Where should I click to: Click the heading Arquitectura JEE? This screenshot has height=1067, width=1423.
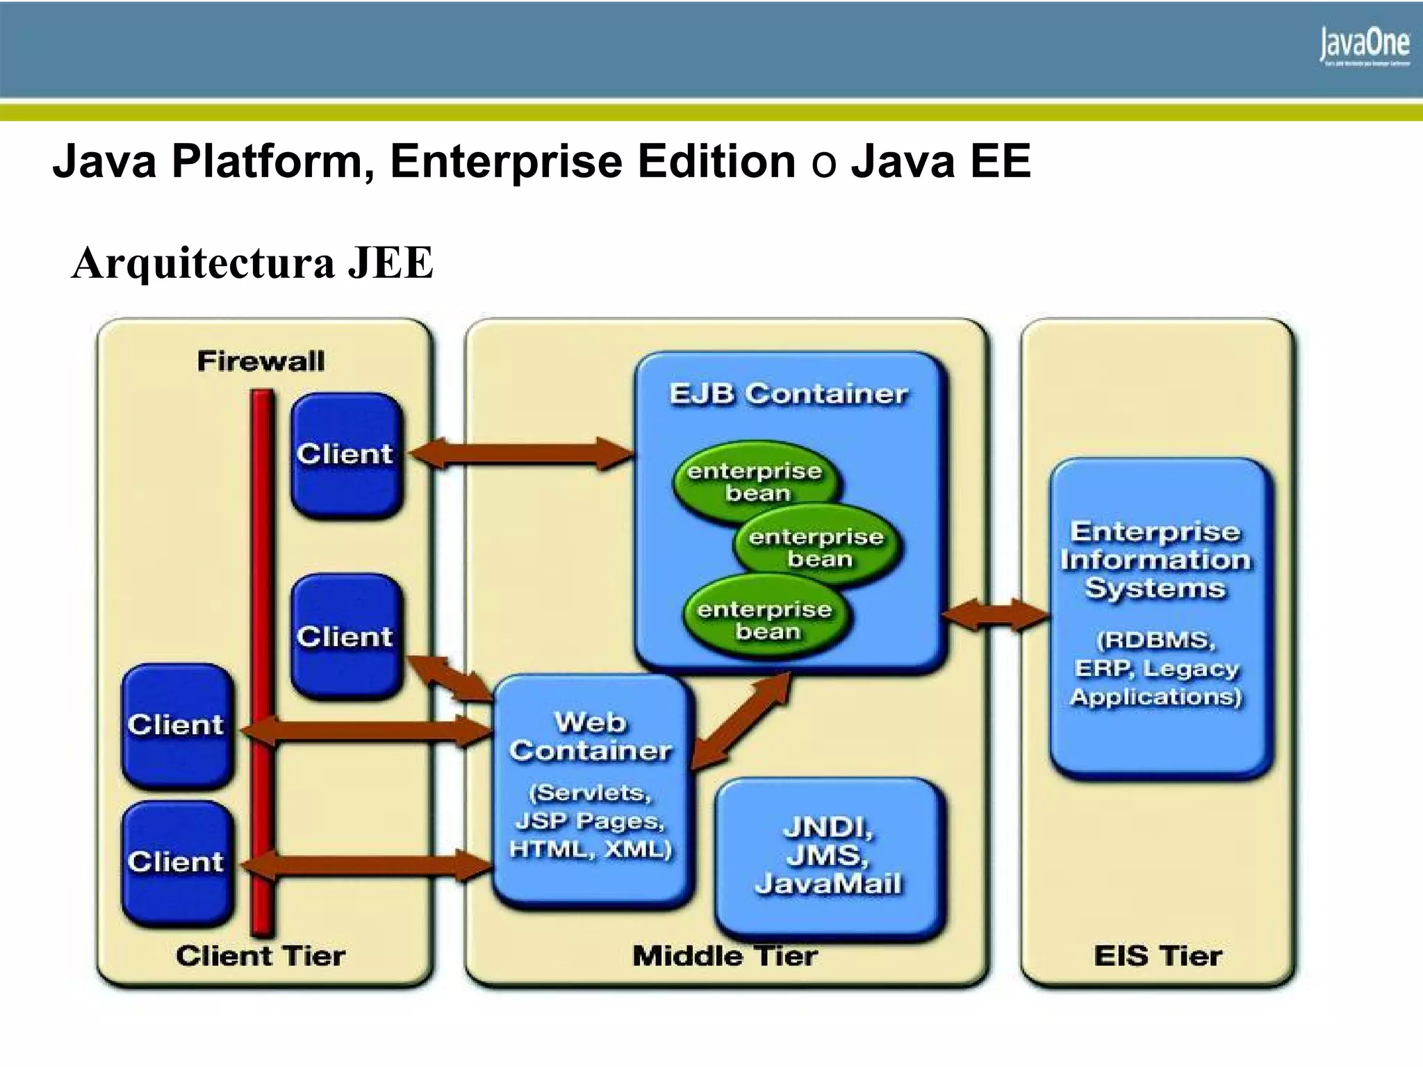[x=253, y=263]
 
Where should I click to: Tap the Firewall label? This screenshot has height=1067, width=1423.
[x=261, y=361]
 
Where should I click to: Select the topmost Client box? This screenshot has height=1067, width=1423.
[x=347, y=454]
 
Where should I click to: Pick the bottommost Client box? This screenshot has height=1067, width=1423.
[x=177, y=863]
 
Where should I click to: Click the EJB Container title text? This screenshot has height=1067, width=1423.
[x=788, y=394]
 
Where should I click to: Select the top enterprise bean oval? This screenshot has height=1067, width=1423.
[x=756, y=481]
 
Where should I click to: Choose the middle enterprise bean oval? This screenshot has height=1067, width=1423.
[x=816, y=547]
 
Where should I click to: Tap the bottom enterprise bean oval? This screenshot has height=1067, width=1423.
[x=766, y=620]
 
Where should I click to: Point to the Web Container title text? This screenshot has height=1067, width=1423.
[x=591, y=736]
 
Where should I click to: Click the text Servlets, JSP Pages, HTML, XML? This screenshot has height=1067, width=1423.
[x=591, y=821]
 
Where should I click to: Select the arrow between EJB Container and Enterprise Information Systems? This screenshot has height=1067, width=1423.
[x=996, y=615]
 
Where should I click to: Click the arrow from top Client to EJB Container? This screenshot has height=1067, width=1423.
[x=521, y=454]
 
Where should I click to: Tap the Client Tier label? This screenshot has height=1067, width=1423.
[x=261, y=957]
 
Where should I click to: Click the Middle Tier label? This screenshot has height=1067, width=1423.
[x=725, y=957]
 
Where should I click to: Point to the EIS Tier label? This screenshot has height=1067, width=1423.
[x=1158, y=957]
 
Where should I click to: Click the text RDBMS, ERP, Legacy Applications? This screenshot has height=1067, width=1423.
[x=1157, y=668]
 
